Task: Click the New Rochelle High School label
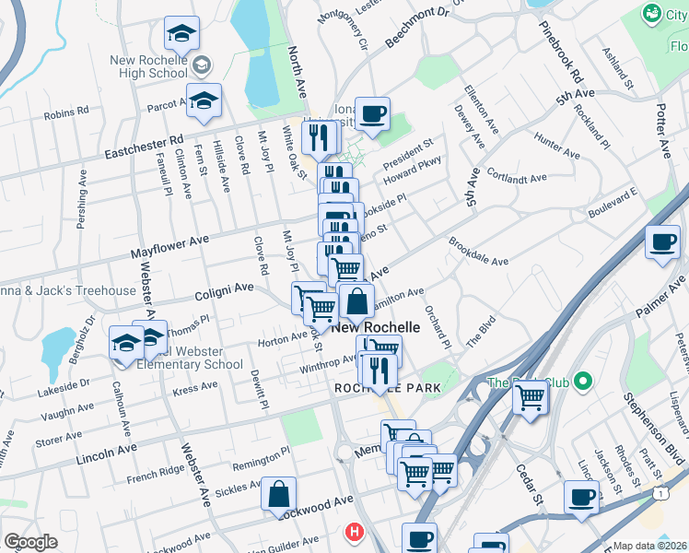pyautogui.click(x=148, y=66)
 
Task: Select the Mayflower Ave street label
pyautogui.click(x=169, y=244)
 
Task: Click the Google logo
pyautogui.click(x=29, y=542)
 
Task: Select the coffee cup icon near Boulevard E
pyautogui.click(x=662, y=242)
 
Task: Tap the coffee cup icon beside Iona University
pyautogui.click(x=372, y=114)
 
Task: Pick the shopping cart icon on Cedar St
pyautogui.click(x=530, y=397)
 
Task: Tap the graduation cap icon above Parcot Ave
pyautogui.click(x=182, y=33)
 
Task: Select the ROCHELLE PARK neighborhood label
pyautogui.click(x=387, y=388)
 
